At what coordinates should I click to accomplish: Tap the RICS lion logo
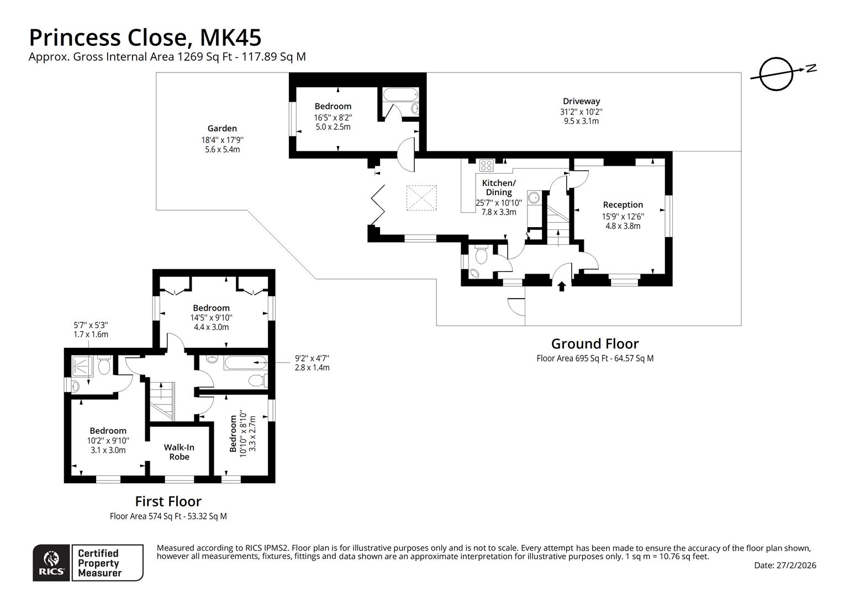click(x=52, y=562)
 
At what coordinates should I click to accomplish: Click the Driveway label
click(x=581, y=101)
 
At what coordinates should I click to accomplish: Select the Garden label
click(x=222, y=128)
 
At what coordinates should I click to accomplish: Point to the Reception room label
click(x=623, y=205)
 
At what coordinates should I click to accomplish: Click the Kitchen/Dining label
click(x=498, y=187)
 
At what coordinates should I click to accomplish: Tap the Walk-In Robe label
click(x=179, y=452)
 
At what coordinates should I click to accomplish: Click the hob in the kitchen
click(x=487, y=164)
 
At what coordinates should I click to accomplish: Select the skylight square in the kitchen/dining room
click(x=422, y=198)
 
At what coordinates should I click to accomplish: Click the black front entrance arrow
click(x=562, y=286)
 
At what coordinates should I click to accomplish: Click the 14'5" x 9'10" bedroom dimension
click(x=211, y=318)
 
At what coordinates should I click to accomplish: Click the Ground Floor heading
click(x=594, y=344)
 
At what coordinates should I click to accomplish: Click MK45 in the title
click(x=230, y=38)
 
